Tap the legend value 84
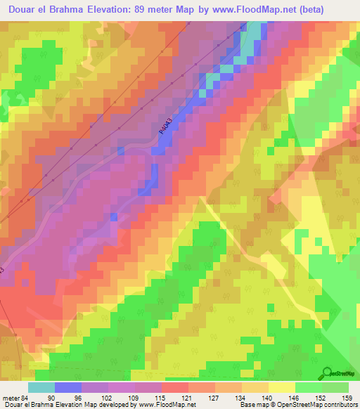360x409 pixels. (x=25, y=398)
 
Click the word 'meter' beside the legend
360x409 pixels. (x=11, y=398)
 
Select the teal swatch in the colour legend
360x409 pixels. (x=41, y=387)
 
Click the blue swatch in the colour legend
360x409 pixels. (x=68, y=387)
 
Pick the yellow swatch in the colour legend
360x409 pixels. (x=282, y=387)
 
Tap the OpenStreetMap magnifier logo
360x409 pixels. (x=328, y=372)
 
